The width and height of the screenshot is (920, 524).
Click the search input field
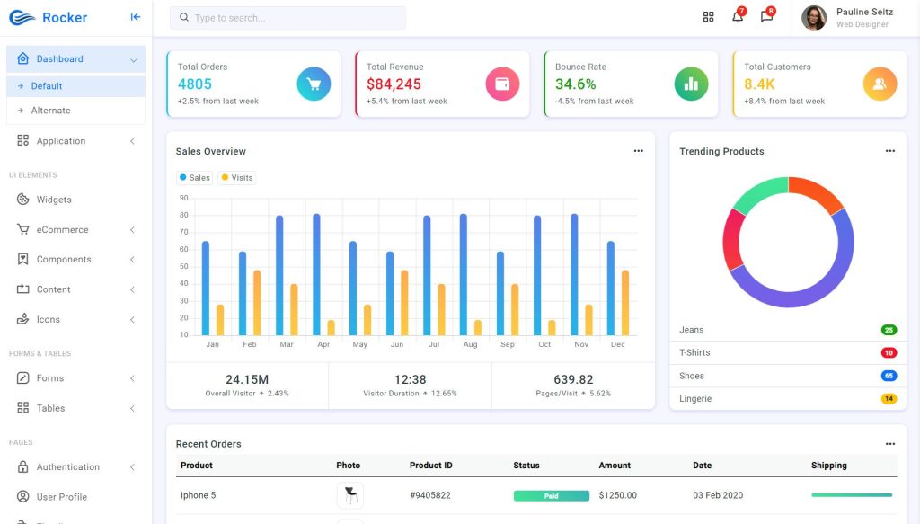(287, 18)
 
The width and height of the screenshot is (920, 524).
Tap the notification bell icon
(738, 17)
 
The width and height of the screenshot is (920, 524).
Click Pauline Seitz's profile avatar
(814, 18)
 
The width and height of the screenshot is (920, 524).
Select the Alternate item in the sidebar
(50, 111)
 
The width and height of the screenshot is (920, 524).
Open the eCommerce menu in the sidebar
(62, 230)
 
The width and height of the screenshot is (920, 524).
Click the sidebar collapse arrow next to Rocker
(136, 17)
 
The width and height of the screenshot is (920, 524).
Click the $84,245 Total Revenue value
(394, 84)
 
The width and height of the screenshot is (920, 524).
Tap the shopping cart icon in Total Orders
(314, 84)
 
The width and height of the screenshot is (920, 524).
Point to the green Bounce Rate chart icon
(691, 84)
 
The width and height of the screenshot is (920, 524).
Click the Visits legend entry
(237, 178)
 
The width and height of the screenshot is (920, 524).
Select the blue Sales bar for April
(316, 274)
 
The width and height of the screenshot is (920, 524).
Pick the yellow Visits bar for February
(257, 302)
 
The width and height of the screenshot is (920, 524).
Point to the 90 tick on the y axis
(183, 198)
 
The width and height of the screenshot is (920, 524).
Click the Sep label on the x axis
(508, 345)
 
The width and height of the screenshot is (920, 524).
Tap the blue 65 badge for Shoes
(889, 376)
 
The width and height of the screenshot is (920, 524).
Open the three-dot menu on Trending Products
(889, 151)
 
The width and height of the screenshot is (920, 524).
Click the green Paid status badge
(551, 495)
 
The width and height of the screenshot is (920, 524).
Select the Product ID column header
(430, 466)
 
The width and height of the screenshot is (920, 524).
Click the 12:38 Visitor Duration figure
(410, 379)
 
